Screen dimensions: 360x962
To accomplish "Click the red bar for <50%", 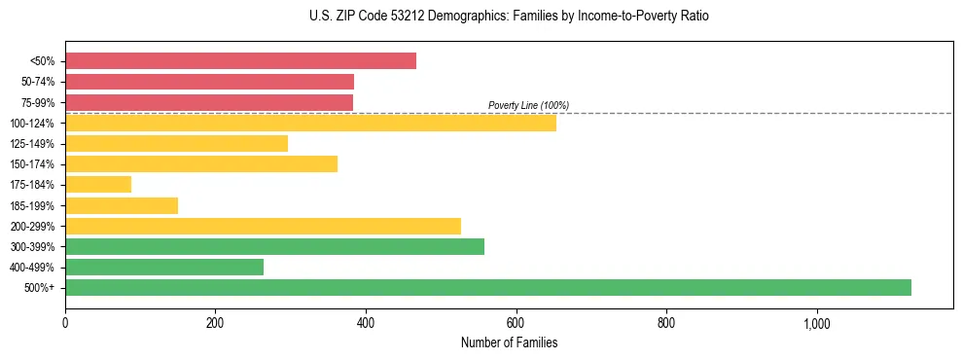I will click(240, 61).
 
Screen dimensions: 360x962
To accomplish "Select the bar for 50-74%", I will click(209, 82).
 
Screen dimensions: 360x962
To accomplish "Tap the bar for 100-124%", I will click(310, 123).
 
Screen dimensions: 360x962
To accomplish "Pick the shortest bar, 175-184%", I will click(98, 185).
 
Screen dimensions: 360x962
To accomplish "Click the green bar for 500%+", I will click(488, 287).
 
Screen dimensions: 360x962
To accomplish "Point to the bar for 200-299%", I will click(263, 226).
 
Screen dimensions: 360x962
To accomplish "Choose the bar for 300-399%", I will click(274, 246).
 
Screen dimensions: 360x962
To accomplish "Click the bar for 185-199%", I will click(122, 205).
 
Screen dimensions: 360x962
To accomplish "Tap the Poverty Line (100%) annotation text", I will click(528, 105).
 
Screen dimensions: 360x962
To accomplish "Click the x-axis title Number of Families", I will click(510, 342).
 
